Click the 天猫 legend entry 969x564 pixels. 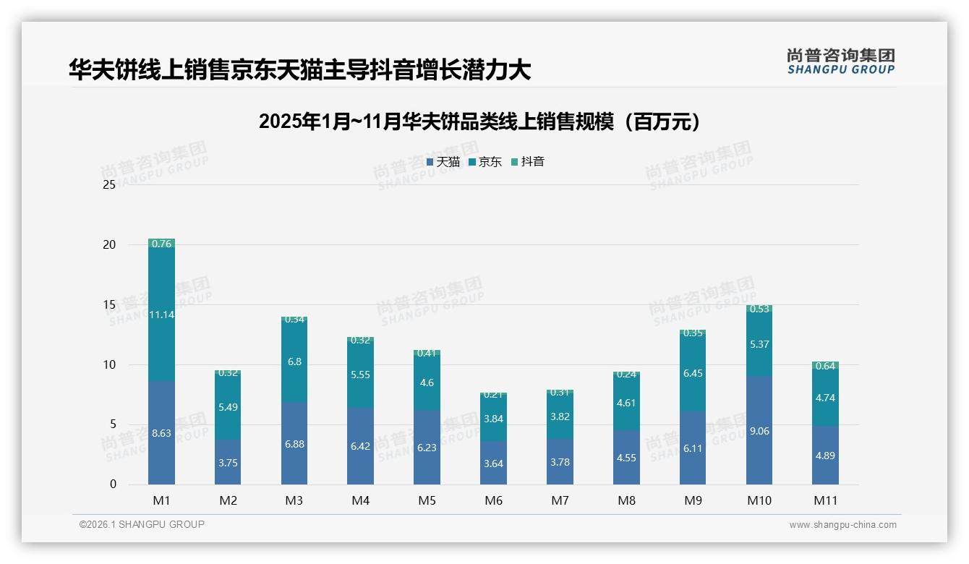coord(443,162)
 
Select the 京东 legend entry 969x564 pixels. coord(485,162)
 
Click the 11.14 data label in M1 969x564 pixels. coord(161,315)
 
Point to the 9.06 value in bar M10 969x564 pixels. coord(759,431)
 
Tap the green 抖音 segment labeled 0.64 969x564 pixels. coord(825,366)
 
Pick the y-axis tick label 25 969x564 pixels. coord(109,184)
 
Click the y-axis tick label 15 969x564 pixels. coord(109,304)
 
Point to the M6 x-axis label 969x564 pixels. coord(493,500)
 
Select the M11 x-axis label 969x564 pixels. coord(825,500)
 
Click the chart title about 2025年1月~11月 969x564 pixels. coord(479,121)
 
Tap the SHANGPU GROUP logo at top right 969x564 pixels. coord(840,61)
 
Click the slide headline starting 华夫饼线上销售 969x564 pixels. coord(300,69)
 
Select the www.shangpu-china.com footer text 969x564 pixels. coord(842,525)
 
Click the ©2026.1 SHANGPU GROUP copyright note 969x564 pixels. coord(142,524)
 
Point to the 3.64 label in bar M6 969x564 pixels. coord(493,463)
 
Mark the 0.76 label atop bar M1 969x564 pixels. coord(161,244)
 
